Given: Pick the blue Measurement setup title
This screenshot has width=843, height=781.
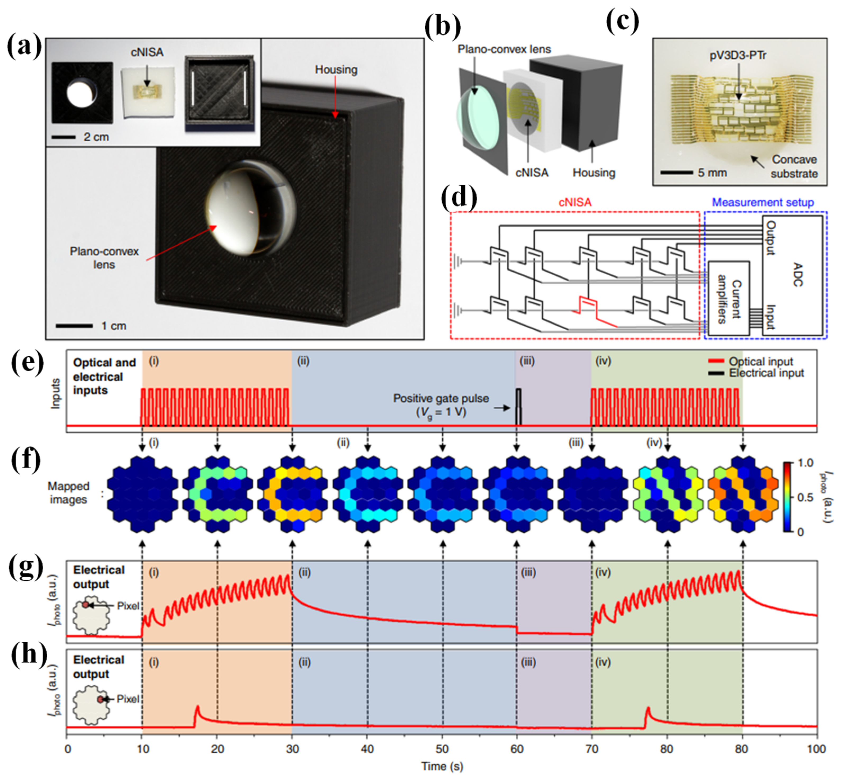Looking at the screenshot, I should pos(763,203).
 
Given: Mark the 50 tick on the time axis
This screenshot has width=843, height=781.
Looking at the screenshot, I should pos(442,749).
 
